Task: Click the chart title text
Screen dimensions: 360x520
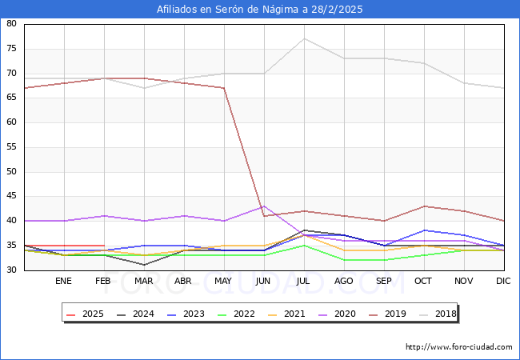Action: point(260,10)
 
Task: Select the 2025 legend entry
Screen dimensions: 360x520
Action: point(86,314)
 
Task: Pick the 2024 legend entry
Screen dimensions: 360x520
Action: point(138,314)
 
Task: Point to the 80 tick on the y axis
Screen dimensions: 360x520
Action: point(12,24)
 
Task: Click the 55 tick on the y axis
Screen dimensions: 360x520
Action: point(12,147)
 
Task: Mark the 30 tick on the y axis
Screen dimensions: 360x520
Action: point(12,270)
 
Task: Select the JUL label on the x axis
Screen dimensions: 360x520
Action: point(303,282)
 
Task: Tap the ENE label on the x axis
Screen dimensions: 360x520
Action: point(64,282)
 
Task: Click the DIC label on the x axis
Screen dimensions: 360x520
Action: point(503,282)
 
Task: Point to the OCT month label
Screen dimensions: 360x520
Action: point(423,282)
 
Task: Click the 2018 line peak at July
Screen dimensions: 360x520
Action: point(304,38)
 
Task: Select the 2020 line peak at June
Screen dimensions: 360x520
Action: point(264,206)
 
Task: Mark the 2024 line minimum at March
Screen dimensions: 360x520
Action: point(144,265)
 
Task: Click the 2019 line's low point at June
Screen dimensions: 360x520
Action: point(264,216)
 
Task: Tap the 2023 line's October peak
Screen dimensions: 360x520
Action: point(424,230)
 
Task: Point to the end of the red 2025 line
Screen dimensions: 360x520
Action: point(104,246)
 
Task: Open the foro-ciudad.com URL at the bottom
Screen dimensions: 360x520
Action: point(459,347)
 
